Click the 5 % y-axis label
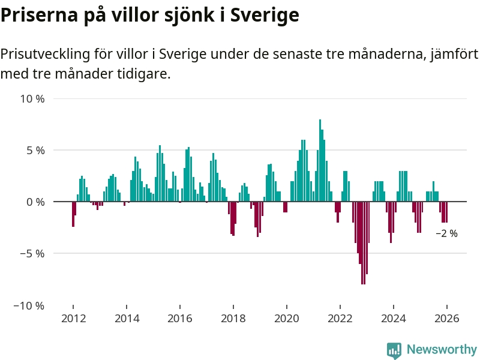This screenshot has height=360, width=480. click(35, 150)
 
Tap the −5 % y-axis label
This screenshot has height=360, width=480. click(32, 254)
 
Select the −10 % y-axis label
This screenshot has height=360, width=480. click(29, 305)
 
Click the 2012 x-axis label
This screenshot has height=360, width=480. click(73, 319)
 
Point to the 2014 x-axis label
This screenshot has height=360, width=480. click(127, 319)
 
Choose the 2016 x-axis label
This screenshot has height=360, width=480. click(180, 319)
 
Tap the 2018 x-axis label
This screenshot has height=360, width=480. click(233, 319)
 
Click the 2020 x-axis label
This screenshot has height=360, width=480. click(287, 319)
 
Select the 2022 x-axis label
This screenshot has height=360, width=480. click(340, 319)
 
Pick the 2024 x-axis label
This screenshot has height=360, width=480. click(394, 319)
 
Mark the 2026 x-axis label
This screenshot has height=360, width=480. click(447, 319)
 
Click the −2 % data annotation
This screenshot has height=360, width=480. click(446, 234)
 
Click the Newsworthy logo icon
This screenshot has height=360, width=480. click(394, 350)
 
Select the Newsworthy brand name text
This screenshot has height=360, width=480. click(442, 349)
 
